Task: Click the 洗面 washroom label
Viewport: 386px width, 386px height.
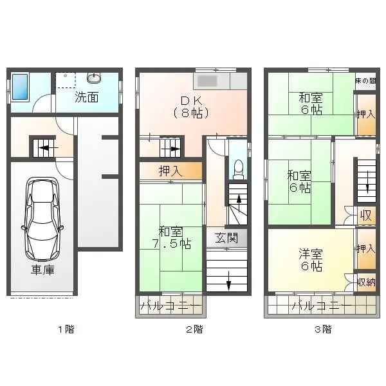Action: (86, 98)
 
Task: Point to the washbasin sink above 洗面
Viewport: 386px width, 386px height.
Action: (95, 78)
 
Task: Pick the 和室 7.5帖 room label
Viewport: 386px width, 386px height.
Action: (170, 238)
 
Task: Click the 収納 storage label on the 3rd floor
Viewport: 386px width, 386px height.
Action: (366, 282)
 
